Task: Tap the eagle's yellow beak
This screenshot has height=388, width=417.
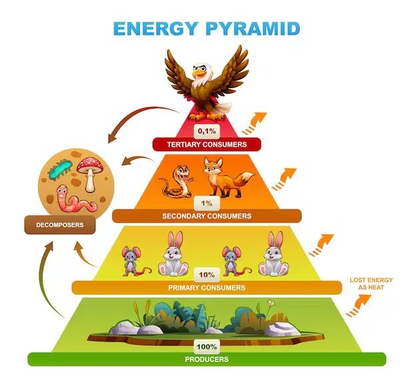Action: tap(198, 73)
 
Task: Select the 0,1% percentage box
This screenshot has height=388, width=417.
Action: tap(207, 131)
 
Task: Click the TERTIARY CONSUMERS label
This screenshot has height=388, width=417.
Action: tap(207, 145)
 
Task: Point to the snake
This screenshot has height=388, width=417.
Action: tap(177, 181)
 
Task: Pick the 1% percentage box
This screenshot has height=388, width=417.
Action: tap(207, 203)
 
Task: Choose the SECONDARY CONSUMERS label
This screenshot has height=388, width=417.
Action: tap(207, 216)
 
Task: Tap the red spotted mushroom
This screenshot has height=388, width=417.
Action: tap(90, 174)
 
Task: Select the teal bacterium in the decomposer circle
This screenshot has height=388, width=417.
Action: tap(60, 169)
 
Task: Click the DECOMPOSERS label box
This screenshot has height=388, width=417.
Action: tap(60, 225)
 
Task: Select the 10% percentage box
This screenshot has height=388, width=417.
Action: tap(207, 275)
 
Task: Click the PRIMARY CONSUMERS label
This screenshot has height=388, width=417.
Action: tap(207, 288)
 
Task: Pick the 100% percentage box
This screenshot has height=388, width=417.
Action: tap(207, 347)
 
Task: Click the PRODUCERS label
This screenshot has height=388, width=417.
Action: tap(207, 359)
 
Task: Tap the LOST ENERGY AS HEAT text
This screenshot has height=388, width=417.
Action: tap(371, 284)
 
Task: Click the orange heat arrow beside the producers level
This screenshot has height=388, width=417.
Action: tap(359, 305)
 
